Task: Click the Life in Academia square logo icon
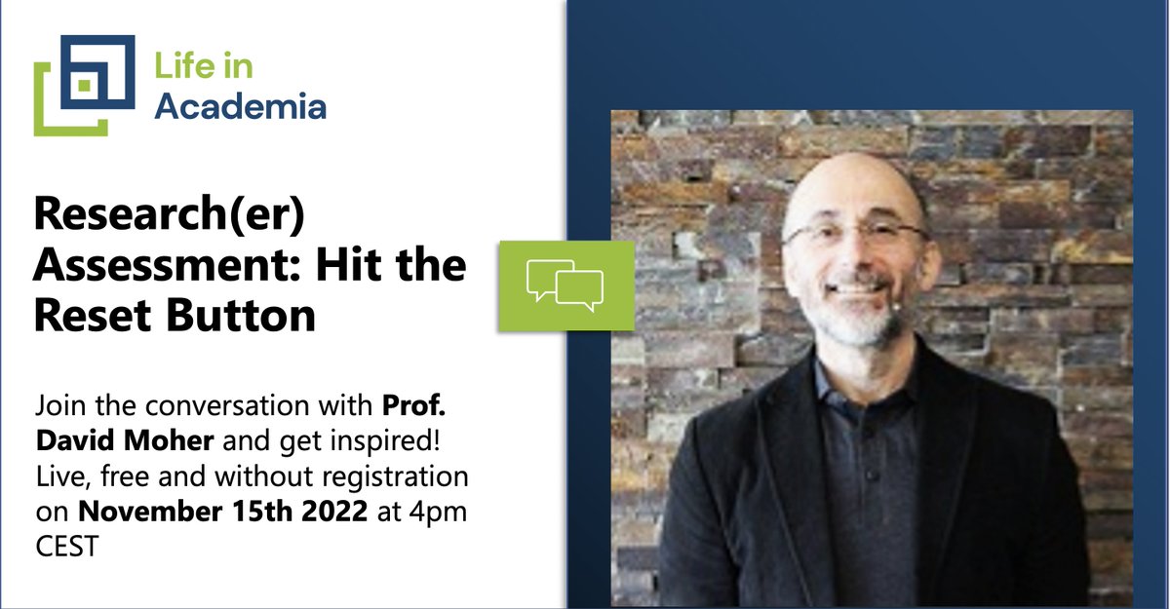(x=84, y=85)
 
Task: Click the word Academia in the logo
(x=240, y=105)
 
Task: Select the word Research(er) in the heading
(x=171, y=217)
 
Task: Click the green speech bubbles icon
(x=565, y=285)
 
